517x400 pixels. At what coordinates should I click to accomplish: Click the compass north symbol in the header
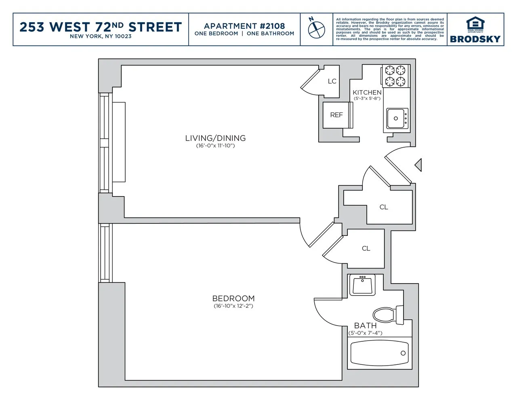tap(317, 28)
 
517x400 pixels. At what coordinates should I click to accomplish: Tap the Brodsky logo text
tap(475, 39)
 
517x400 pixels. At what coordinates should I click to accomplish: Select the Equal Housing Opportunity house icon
tap(475, 24)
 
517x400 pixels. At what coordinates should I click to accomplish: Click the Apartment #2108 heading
tap(244, 26)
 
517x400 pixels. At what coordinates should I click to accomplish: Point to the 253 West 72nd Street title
tap(101, 27)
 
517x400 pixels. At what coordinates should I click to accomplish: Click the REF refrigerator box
tap(336, 115)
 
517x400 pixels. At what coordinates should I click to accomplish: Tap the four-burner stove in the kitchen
tap(395, 76)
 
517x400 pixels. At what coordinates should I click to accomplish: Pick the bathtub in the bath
tap(379, 352)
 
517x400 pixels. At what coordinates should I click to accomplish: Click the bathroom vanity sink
tap(362, 285)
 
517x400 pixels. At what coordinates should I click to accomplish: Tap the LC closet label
tap(332, 81)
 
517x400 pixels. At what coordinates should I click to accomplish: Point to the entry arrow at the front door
tap(418, 165)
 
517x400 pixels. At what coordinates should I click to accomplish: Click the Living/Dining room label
tap(215, 138)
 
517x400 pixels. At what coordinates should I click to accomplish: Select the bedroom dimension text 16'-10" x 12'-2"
tap(233, 306)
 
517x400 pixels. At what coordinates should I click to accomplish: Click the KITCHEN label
tap(367, 93)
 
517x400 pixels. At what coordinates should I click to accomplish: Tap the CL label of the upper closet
tap(384, 207)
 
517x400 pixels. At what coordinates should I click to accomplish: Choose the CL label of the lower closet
tap(366, 248)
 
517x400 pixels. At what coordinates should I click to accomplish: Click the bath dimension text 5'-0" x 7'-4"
tap(366, 333)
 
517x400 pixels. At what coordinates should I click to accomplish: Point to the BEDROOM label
tap(233, 298)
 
